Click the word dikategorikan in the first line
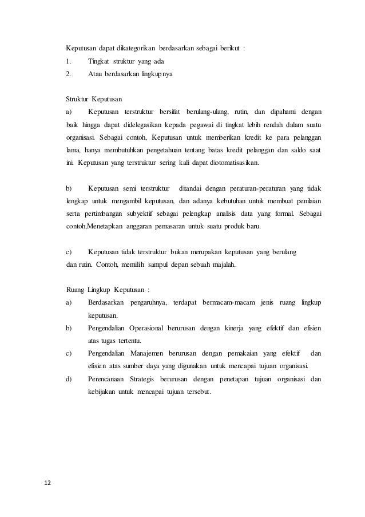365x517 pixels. (x=133, y=48)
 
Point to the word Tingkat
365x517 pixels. (x=100, y=61)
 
